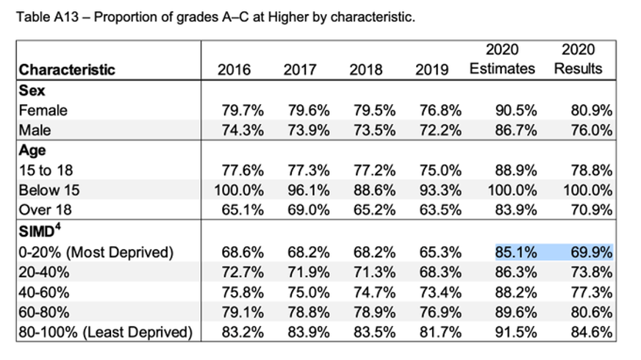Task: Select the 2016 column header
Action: coord(234,70)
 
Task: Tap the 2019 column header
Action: coord(431,70)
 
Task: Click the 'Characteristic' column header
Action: coord(67,71)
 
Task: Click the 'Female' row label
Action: coord(43,110)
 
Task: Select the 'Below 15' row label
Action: coord(49,190)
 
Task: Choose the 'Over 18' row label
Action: coord(46,209)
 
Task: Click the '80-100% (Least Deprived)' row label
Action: coord(106,331)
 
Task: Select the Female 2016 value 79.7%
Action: coord(243,110)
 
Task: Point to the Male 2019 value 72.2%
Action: coord(440,130)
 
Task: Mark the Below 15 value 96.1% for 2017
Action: coord(307,190)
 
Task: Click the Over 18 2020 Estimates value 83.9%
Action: coord(515,209)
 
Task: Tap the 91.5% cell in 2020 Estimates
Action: coord(515,331)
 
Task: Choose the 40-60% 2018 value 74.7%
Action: coord(373,292)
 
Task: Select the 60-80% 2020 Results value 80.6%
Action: coord(592,312)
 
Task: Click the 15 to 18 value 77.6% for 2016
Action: coord(243,170)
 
